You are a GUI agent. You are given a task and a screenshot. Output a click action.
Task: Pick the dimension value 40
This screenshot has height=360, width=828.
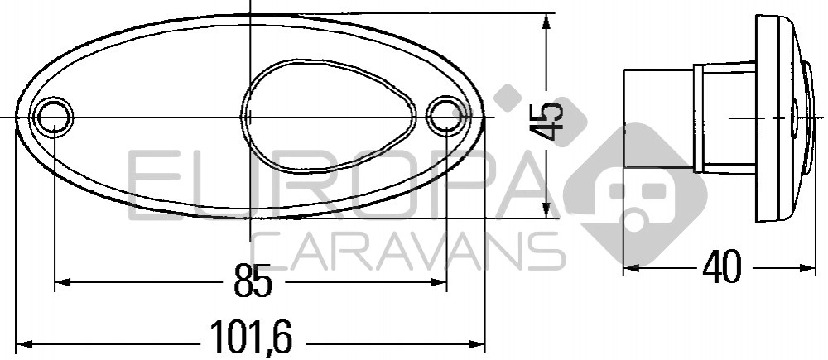(x=722, y=267)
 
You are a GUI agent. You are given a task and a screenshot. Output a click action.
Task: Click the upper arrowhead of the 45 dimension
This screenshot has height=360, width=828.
(x=546, y=22)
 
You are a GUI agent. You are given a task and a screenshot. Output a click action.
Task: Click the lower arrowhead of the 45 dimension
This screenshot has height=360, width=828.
(x=546, y=209)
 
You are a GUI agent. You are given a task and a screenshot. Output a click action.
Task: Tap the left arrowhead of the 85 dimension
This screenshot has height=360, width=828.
(x=63, y=282)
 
